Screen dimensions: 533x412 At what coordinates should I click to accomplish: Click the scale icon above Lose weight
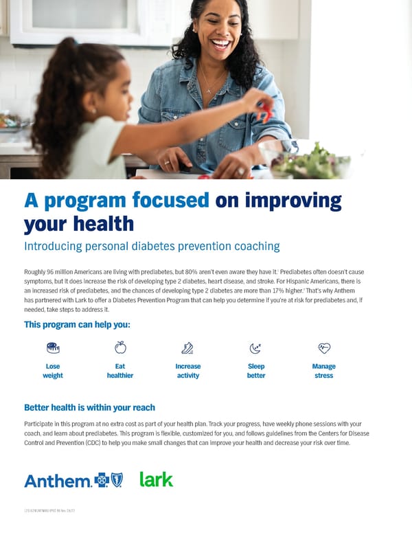click(53, 348)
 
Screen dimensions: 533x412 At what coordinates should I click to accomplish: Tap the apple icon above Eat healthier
click(120, 348)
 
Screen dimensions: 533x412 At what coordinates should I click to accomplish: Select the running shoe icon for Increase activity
click(187, 348)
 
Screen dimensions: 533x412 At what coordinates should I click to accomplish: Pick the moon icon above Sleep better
click(255, 348)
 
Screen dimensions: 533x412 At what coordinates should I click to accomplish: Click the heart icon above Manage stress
click(323, 348)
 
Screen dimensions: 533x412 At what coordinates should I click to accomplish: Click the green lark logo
click(157, 479)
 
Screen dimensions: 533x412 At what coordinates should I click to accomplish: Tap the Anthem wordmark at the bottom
click(58, 481)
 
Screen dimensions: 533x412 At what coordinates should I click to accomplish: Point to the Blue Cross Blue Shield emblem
click(109, 480)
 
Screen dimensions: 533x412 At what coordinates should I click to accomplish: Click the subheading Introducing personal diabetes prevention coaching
click(152, 246)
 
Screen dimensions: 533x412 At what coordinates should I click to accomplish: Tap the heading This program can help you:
click(77, 324)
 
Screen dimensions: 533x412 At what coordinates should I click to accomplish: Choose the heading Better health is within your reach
click(89, 407)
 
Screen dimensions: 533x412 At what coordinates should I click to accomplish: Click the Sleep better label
click(255, 371)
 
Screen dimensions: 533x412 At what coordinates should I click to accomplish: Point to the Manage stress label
click(323, 371)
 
